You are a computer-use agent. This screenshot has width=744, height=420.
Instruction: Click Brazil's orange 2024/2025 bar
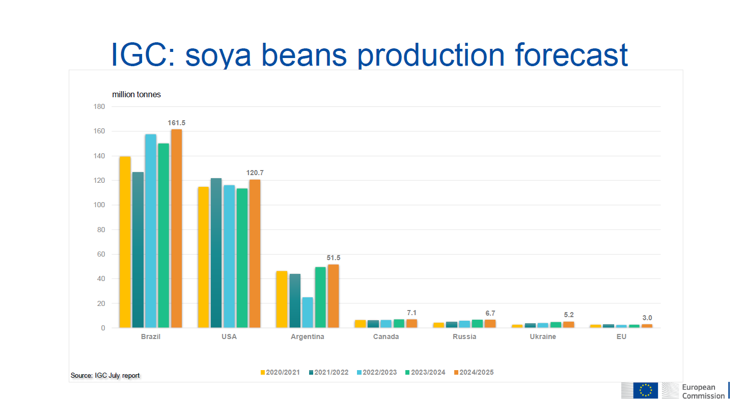coord(176,229)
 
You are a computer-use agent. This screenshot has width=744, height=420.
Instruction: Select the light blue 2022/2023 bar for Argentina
coord(308,313)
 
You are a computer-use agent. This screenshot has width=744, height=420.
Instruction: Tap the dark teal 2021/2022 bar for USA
coord(216,253)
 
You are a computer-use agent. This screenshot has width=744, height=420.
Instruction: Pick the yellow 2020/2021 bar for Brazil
coord(125,242)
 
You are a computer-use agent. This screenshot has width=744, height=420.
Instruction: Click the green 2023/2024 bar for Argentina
coord(320,297)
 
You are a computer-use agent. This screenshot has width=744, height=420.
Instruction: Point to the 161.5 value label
coord(176,123)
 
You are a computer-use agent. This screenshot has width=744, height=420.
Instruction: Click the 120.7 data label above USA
coord(255,173)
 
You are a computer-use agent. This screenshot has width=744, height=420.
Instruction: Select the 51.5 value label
coord(334,258)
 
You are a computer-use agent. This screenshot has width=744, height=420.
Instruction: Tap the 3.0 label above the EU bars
coord(647,318)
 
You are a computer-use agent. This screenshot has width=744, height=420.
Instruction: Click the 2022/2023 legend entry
coord(377,372)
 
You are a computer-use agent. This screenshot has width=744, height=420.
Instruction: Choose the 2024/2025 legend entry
coord(474,372)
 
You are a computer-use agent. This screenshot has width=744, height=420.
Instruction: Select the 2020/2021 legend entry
coord(280,372)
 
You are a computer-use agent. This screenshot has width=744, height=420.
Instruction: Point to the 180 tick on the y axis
coord(99,106)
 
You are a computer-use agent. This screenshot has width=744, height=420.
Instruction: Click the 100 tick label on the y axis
coord(99,205)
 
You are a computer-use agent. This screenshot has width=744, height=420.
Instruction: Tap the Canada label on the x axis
coord(386,337)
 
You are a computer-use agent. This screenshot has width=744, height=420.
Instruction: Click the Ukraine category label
coord(543,337)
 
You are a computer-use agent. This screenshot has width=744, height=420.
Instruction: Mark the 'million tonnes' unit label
coord(136,94)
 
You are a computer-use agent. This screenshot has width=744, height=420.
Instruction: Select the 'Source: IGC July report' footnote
coord(105,376)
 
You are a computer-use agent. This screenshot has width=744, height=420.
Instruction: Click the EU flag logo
coord(645,390)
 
